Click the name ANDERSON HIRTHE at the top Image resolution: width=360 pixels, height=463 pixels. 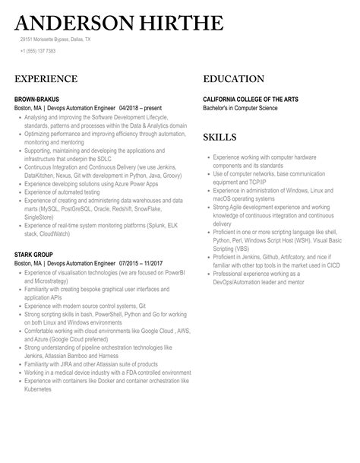pos(118,24)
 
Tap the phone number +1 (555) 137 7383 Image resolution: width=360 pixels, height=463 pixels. pos(38,51)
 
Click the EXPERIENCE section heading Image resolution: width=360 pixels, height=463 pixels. pos(46,79)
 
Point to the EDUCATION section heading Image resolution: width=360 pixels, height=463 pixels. pos(234,79)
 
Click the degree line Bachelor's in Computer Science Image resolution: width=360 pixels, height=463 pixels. pos(241,108)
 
